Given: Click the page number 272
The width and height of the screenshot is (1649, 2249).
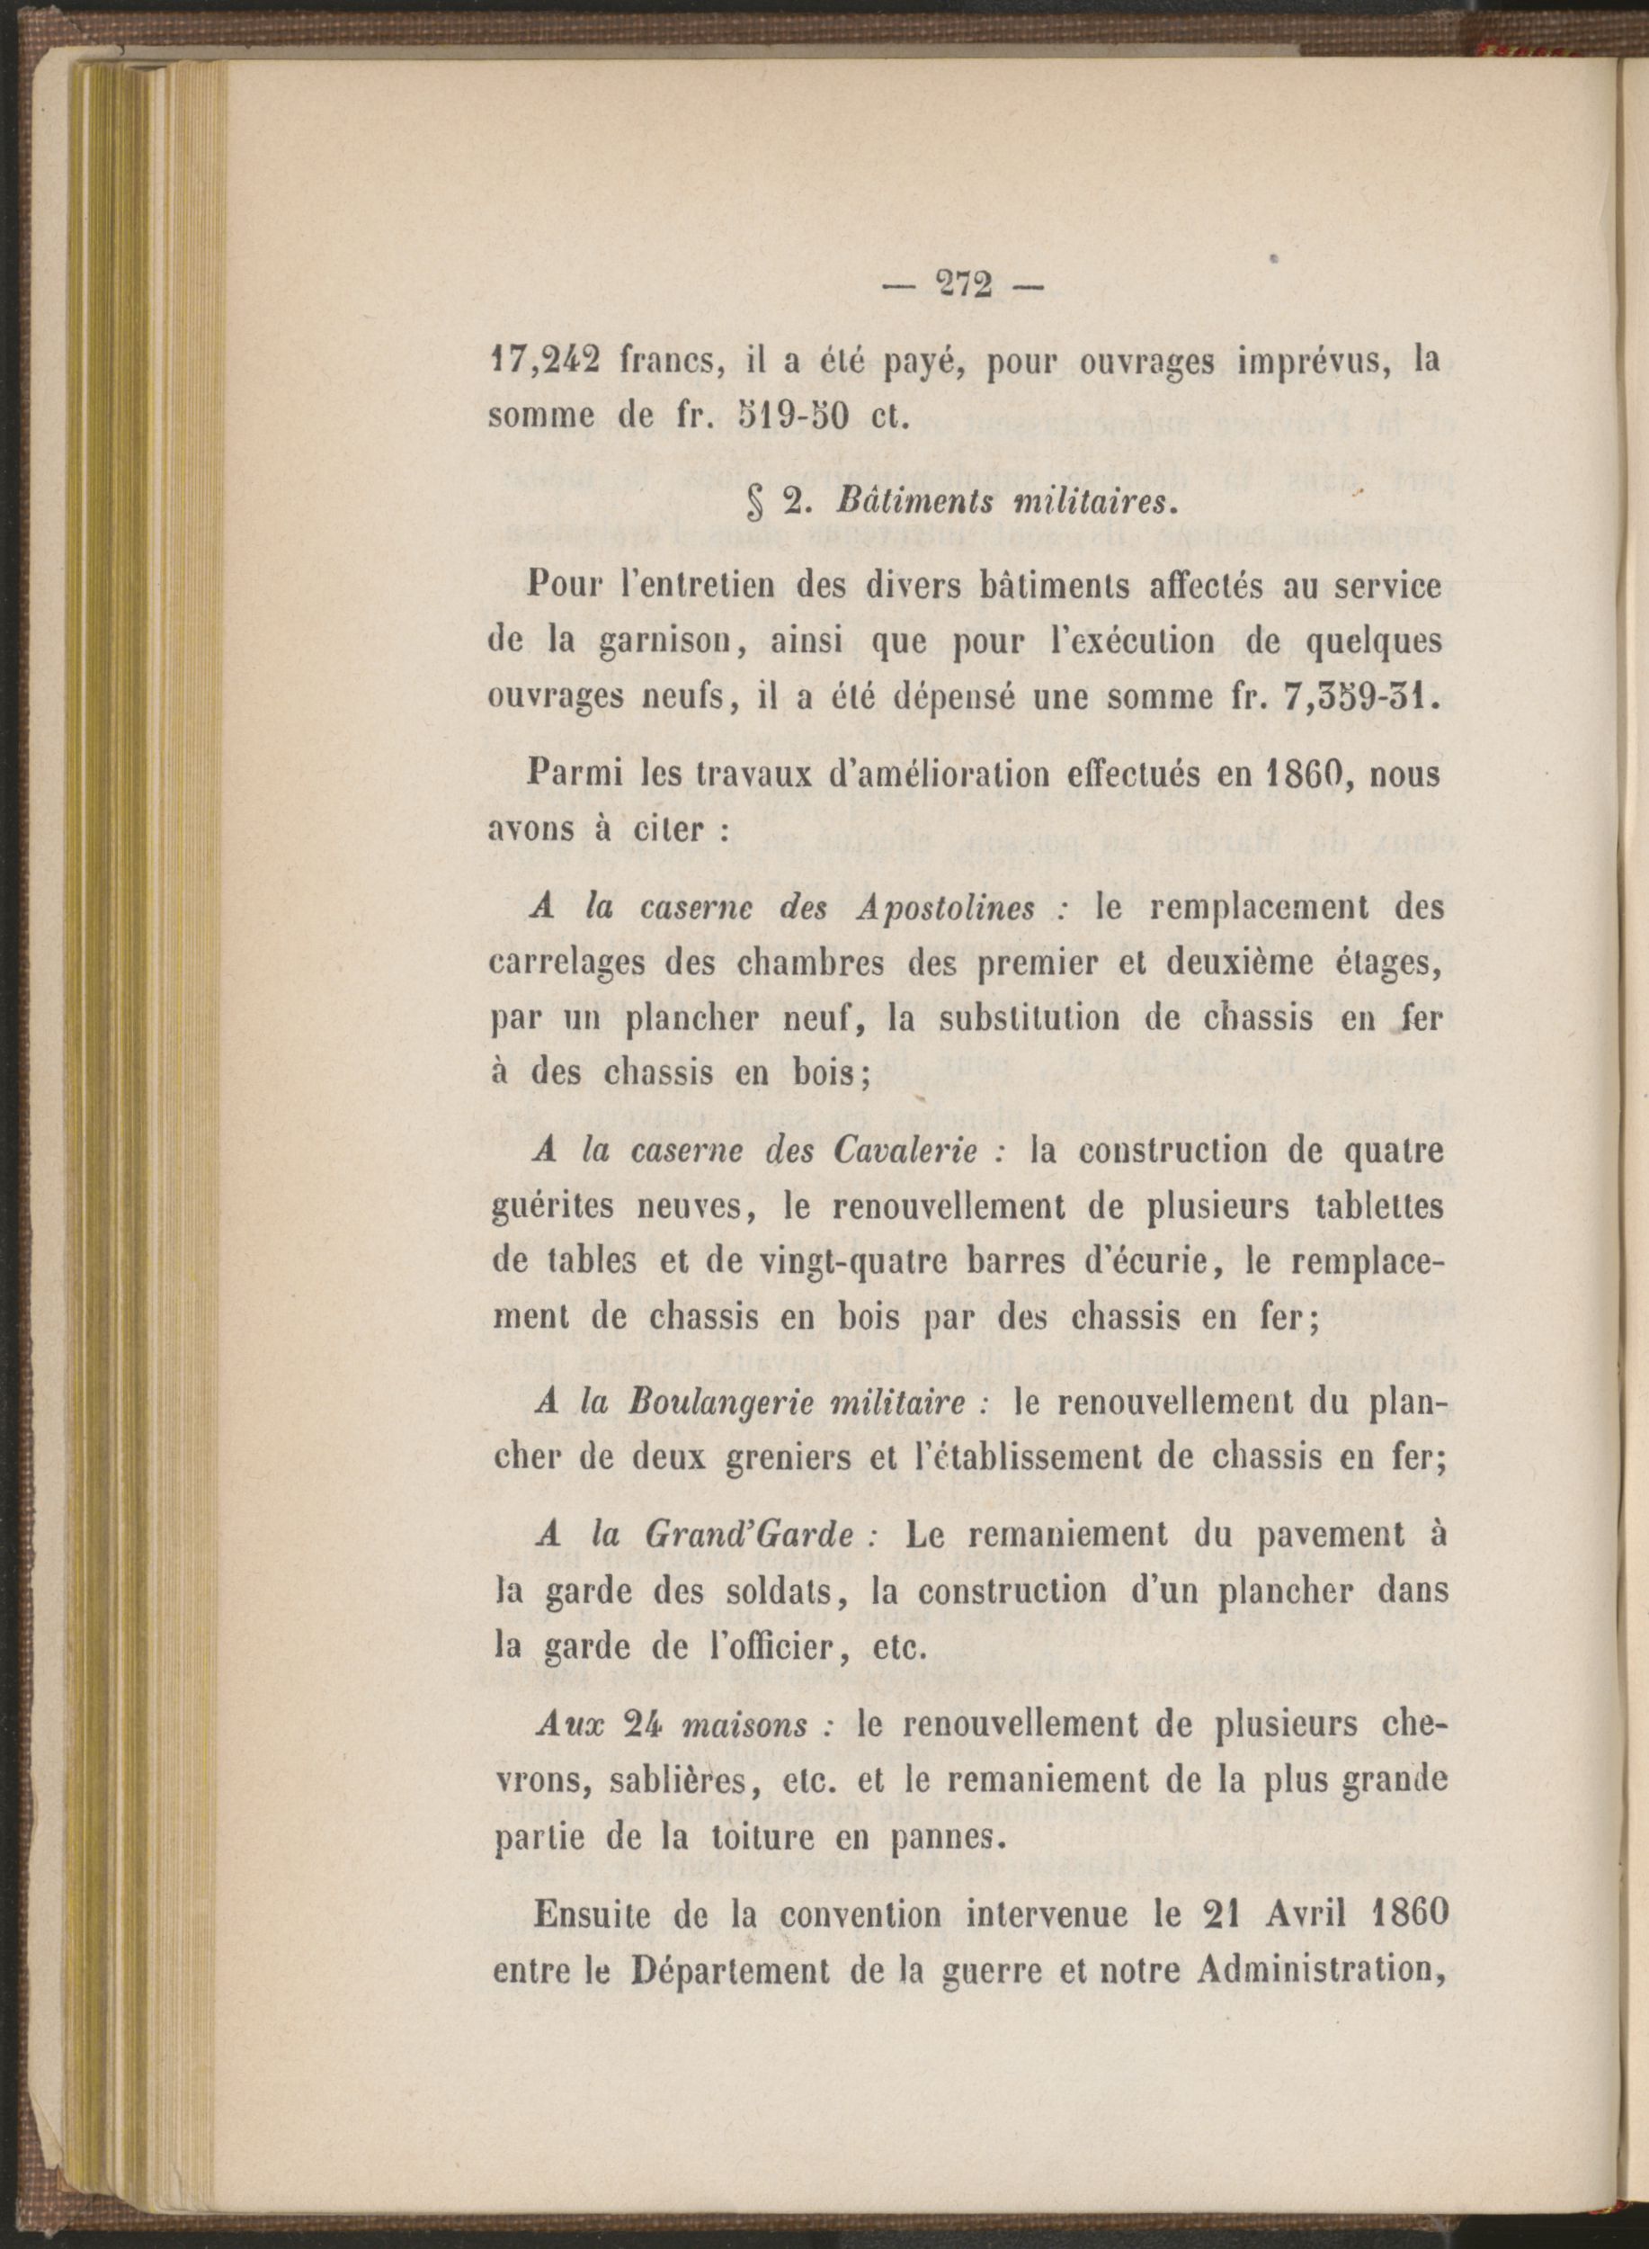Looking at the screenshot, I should click(x=963, y=285).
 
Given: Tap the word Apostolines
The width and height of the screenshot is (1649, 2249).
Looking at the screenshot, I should click(x=945, y=908).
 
